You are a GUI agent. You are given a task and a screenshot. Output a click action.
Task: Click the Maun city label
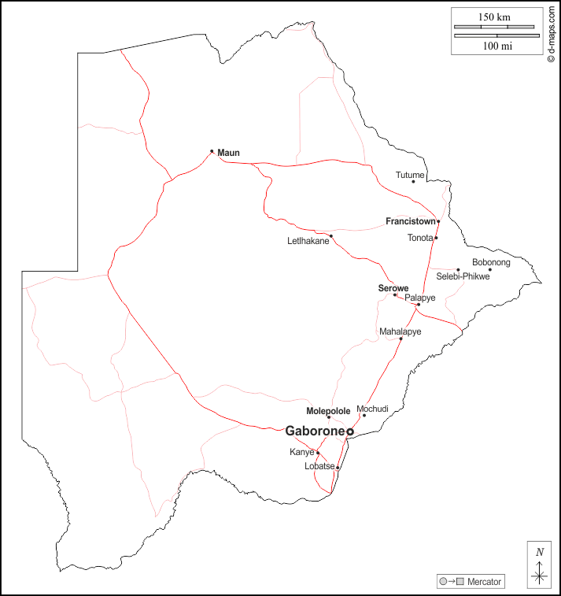pos(228,152)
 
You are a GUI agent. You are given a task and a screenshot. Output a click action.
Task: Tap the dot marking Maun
pos(212,151)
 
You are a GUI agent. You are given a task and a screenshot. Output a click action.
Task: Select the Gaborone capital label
pos(315,431)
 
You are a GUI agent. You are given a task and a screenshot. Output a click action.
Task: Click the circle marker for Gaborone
pos(349,432)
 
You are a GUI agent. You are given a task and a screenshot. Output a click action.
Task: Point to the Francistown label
pos(410,221)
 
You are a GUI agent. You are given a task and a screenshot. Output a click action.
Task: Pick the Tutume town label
pos(410,175)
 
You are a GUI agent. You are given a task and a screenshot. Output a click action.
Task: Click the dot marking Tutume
pos(413,182)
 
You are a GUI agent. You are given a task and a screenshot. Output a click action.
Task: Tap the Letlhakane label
pos(308,241)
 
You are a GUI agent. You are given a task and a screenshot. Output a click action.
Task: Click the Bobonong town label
pos(491,262)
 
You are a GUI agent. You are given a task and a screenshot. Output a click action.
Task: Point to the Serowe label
pos(392,288)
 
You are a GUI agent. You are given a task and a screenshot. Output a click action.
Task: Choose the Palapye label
pos(420,298)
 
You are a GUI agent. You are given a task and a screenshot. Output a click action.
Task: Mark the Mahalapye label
pos(400,331)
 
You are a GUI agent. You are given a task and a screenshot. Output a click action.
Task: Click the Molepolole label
pos(328,411)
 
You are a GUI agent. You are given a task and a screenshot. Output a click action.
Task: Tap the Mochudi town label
pos(373,409)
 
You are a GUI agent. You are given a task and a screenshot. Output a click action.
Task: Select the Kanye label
pos(301,453)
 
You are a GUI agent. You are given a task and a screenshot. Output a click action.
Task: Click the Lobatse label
pos(319,466)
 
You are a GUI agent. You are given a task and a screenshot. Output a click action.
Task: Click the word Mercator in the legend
pos(484,582)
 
